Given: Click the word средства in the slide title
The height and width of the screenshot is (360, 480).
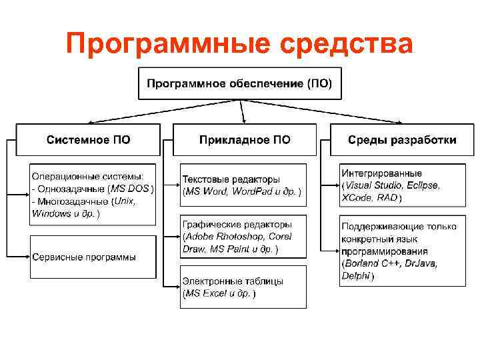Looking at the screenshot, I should pyautogui.click(x=348, y=45).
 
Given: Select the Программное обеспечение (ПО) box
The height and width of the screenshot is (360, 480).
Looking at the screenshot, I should pyautogui.click(x=239, y=84).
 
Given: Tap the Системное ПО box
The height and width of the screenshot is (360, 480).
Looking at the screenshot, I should pyautogui.click(x=88, y=140).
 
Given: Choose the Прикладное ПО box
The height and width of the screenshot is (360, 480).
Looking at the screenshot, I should pyautogui.click(x=245, y=140).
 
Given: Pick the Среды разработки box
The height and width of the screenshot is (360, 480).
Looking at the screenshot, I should pyautogui.click(x=402, y=140).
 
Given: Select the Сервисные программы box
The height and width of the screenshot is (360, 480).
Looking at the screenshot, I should pyautogui.click(x=93, y=257).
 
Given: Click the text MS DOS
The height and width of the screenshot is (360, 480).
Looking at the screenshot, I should pyautogui.click(x=131, y=189).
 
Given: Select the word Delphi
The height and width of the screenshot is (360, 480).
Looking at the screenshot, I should pyautogui.click(x=355, y=276).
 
